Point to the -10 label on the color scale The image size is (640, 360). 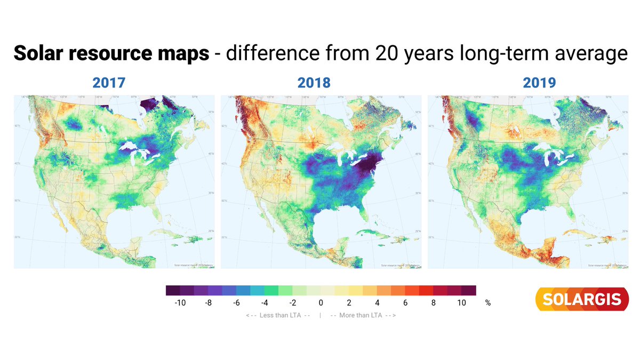tap(180, 303)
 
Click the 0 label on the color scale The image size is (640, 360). tap(321, 303)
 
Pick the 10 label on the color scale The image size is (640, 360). tap(461, 303)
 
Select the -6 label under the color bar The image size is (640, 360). tap(236, 303)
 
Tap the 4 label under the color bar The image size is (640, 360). tap(377, 303)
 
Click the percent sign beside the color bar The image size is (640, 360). tap(487, 303)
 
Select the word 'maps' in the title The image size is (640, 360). tap(185, 54)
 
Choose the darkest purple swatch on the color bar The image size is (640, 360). tap(173, 291)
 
